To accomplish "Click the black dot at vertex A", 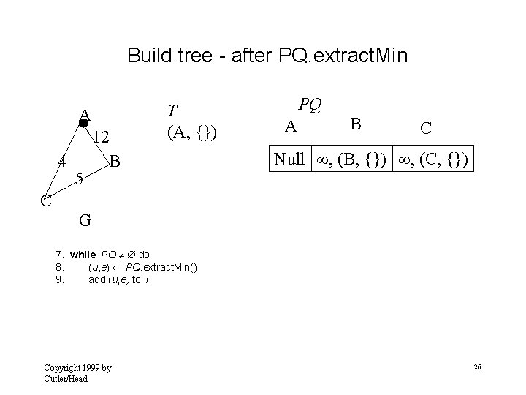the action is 83,124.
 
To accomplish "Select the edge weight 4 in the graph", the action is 64,161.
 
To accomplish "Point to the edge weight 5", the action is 81,178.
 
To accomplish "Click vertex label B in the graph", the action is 115,160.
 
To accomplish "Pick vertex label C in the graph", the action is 46,199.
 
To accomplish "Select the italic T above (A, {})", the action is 172,110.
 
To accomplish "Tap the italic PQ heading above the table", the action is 310,105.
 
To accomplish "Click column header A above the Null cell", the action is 291,127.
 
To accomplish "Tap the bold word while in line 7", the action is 83,255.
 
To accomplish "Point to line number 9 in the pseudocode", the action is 60,279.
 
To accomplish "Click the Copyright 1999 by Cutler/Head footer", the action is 77,372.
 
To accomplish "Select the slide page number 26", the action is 476,366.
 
